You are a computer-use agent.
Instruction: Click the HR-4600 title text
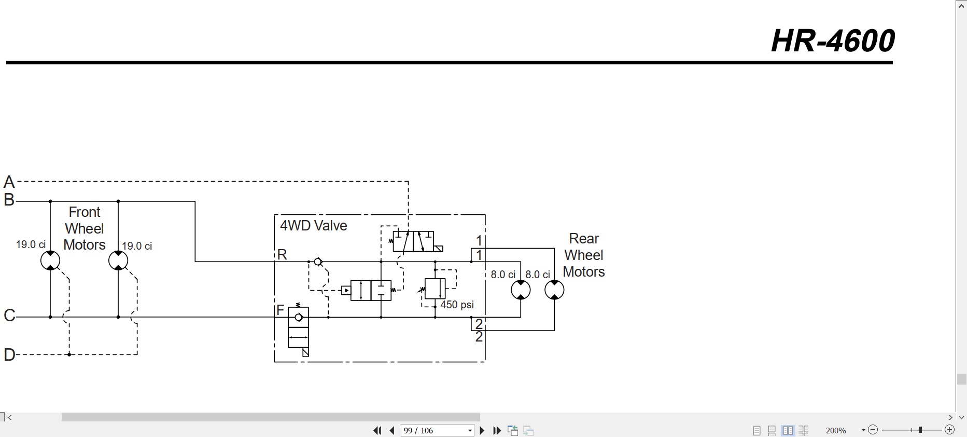pyautogui.click(x=833, y=40)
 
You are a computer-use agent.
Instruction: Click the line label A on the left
pyautogui.click(x=9, y=182)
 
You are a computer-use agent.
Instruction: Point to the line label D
pyautogui.click(x=9, y=354)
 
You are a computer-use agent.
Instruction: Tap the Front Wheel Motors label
pyautogui.click(x=85, y=228)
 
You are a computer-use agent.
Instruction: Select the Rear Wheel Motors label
pyautogui.click(x=584, y=255)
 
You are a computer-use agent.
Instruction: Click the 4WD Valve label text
pyautogui.click(x=314, y=226)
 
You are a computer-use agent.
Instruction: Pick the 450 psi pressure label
pyautogui.click(x=457, y=305)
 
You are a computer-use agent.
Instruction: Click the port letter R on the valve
pyautogui.click(x=282, y=254)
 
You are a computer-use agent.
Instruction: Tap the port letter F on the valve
pyautogui.click(x=281, y=310)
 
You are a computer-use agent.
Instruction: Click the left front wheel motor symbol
pyautogui.click(x=50, y=261)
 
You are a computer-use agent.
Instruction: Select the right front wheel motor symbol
pyautogui.click(x=118, y=261)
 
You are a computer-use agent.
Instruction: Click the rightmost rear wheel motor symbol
pyautogui.click(x=554, y=290)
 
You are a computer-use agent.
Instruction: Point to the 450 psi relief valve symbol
pyautogui.click(x=435, y=289)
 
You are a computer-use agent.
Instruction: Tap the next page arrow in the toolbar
pyautogui.click(x=482, y=430)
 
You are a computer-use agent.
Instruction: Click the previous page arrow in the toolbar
pyautogui.click(x=392, y=430)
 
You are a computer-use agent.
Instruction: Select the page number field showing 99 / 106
pyautogui.click(x=438, y=430)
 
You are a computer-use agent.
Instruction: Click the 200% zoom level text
pyautogui.click(x=836, y=430)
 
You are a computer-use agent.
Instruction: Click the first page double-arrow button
pyautogui.click(x=377, y=430)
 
